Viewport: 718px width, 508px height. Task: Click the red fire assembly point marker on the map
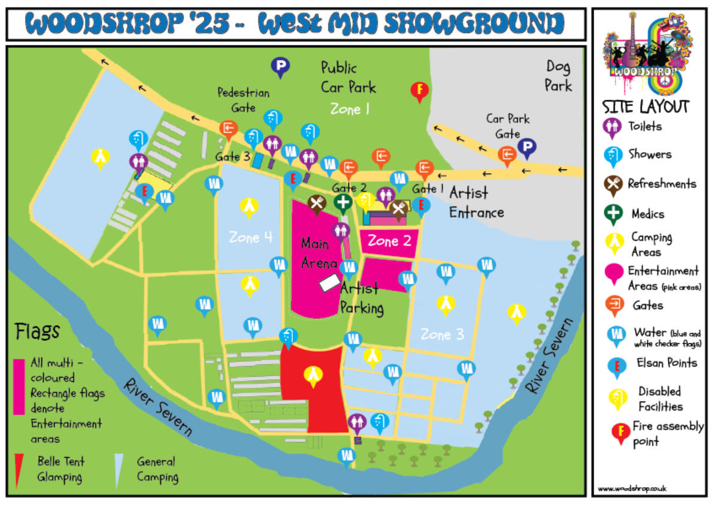coord(420,91)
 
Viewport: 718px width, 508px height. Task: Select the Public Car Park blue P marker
coord(280,66)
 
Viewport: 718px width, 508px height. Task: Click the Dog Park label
coord(558,76)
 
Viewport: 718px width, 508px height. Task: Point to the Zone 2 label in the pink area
coord(390,241)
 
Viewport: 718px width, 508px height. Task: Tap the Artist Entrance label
coord(476,202)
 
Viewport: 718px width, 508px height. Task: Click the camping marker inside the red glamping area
coord(313,374)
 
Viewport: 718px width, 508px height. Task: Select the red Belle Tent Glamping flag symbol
coord(19,470)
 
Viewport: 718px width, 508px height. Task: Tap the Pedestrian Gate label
coord(243,100)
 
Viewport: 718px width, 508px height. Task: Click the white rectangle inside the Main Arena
coord(329,282)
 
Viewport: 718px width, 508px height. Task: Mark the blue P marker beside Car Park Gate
coord(527,147)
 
